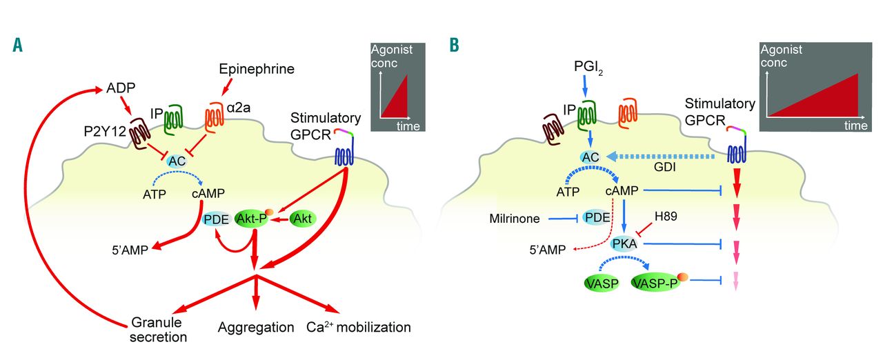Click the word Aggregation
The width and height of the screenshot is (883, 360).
tap(256, 326)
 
